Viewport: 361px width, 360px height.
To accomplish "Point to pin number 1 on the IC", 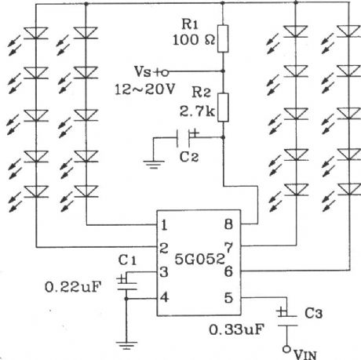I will [x=164, y=225].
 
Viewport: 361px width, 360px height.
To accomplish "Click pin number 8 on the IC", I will [x=227, y=225].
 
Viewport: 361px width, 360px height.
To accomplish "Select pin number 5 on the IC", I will [x=227, y=297].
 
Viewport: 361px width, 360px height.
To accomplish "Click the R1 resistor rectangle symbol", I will [x=223, y=37].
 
